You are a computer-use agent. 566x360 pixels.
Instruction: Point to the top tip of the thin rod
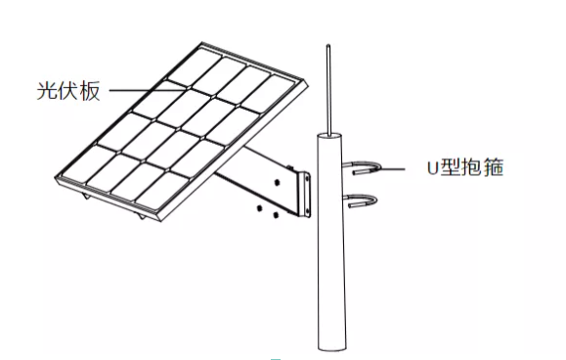point(328,45)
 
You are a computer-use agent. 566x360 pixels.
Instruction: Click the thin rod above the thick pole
point(329,93)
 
